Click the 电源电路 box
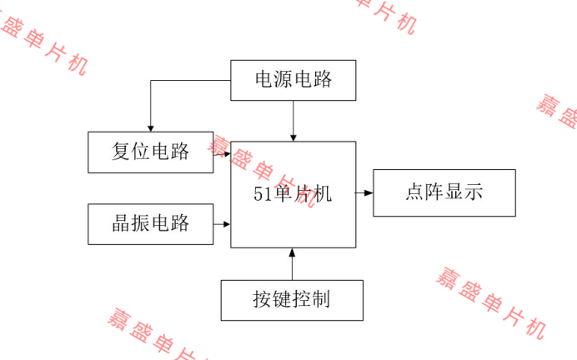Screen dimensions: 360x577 click(293, 80)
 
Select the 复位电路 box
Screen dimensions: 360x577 click(151, 152)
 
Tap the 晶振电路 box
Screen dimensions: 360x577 click(151, 223)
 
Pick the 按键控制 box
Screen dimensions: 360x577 click(292, 300)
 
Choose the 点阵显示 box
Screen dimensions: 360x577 click(444, 193)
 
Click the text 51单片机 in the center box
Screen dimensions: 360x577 click(293, 194)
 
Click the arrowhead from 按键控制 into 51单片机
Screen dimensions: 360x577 click(293, 252)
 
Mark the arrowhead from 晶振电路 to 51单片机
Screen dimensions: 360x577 click(226, 223)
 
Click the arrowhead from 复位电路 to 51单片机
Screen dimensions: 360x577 click(226, 152)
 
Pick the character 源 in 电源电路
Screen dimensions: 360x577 click(283, 80)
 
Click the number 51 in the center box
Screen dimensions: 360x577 click(263, 195)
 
